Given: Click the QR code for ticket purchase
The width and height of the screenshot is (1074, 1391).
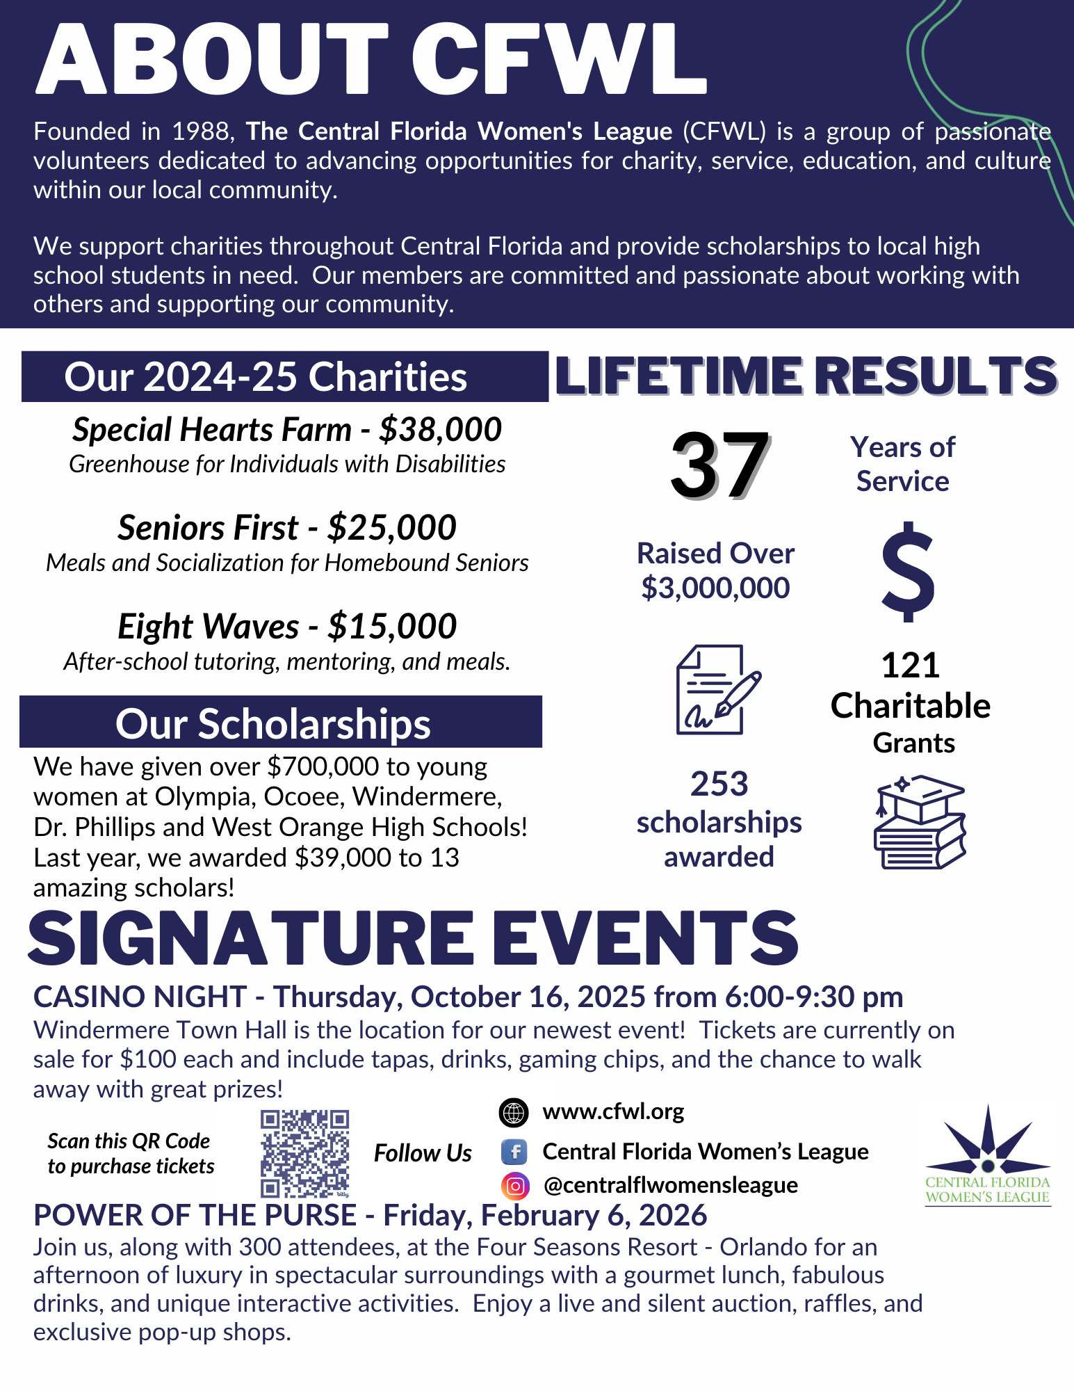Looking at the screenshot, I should click(304, 1153).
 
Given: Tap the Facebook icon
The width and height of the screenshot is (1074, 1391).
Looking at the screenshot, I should click(514, 1152).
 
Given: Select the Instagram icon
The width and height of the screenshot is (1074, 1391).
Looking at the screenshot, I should click(515, 1186).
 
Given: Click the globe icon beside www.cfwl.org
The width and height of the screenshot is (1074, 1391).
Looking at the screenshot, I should click(514, 1113).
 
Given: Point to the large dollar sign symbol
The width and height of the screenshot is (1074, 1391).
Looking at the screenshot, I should click(908, 571).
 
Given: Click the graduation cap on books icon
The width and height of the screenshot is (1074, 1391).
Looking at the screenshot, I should click(920, 822).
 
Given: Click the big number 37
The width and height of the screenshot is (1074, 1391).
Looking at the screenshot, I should click(719, 465).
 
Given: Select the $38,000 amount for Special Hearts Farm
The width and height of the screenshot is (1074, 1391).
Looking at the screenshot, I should click(440, 430).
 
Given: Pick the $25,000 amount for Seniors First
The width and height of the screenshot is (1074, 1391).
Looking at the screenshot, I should click(392, 528).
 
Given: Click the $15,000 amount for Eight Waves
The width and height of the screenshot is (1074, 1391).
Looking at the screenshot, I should click(392, 627).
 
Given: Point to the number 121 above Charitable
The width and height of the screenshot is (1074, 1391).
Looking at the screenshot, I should click(911, 666).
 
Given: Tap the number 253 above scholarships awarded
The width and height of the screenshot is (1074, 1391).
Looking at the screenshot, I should click(719, 784).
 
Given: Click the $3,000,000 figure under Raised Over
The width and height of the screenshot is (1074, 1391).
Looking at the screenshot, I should click(715, 588).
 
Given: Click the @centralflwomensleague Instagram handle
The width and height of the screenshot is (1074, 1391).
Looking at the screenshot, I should click(670, 1185).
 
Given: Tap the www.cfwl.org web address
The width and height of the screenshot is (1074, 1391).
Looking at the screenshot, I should click(613, 1112).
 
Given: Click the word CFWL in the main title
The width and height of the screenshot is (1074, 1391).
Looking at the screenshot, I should click(560, 58).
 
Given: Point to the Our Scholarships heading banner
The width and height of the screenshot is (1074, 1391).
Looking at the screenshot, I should click(281, 723).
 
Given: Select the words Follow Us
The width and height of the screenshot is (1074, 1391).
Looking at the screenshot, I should click(423, 1153).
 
